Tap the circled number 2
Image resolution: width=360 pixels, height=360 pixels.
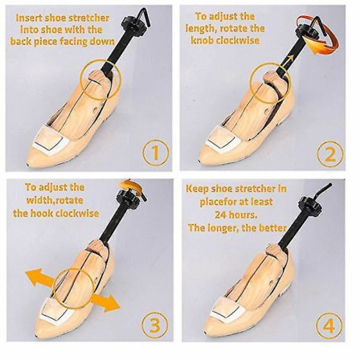tap(330, 154)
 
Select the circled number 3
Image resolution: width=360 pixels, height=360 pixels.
tap(155, 325)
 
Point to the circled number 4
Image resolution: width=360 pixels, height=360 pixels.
tap(329, 326)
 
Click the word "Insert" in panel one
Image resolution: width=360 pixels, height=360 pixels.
tap(27, 18)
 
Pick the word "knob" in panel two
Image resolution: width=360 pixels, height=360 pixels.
tap(202, 40)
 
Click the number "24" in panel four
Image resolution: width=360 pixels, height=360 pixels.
tap(221, 215)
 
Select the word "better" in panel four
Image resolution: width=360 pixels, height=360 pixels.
tap(272, 227)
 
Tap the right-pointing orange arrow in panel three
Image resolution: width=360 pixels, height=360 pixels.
tap(105, 302)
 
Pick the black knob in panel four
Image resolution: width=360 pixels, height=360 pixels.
tap(308, 203)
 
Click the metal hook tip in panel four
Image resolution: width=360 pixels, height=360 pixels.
tap(330, 185)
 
